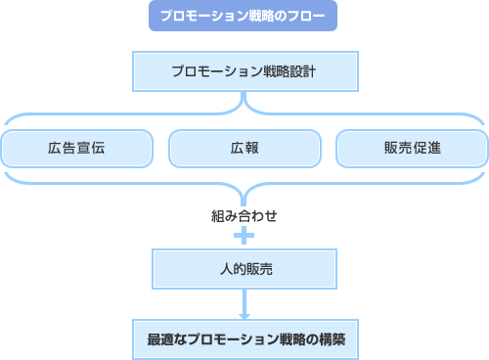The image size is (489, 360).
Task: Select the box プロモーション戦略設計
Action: point(244,71)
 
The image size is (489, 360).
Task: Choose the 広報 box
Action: point(244,149)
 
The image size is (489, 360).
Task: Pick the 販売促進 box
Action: point(412,149)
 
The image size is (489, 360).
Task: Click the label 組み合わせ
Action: point(244,215)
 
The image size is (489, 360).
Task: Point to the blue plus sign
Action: point(244,236)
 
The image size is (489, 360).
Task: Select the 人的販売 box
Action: point(244,266)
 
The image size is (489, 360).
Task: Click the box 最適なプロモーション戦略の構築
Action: point(244,342)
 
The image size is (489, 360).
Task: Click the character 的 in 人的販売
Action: point(238,266)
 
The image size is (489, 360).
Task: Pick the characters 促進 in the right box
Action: point(426,149)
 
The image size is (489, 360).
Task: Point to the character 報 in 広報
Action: point(251,149)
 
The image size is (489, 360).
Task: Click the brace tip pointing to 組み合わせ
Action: point(244,198)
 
